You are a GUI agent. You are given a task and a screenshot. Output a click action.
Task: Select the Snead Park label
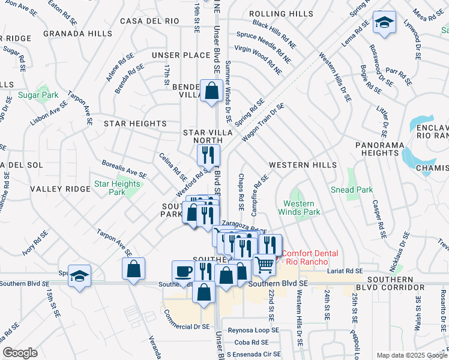351,190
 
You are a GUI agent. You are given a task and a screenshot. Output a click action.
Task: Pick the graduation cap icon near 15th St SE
79,275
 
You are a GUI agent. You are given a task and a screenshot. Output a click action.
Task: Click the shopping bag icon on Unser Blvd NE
211,91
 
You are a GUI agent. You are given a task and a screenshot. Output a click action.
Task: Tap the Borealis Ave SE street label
124,169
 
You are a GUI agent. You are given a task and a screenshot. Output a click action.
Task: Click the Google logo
20,353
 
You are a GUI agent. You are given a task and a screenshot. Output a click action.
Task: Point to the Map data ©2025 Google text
411,355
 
